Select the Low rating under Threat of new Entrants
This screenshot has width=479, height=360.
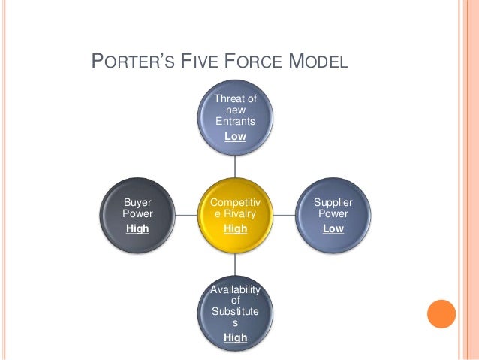(235, 136)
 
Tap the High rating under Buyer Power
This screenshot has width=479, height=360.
(137, 228)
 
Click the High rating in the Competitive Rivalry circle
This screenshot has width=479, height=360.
(235, 228)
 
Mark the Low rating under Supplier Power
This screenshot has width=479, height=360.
(333, 228)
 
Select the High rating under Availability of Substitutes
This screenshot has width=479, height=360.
(235, 337)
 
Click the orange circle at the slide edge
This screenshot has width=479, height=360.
(441, 314)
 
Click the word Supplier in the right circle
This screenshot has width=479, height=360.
(333, 203)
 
